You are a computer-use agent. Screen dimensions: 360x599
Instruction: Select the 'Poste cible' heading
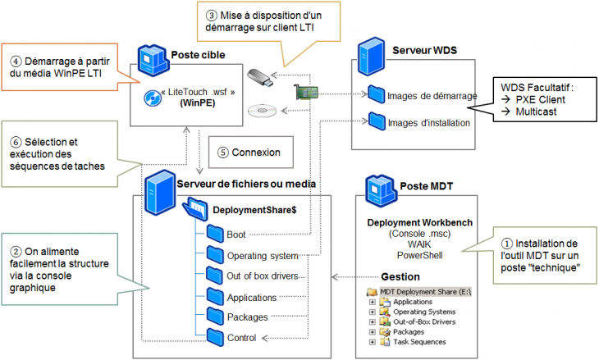[198, 55]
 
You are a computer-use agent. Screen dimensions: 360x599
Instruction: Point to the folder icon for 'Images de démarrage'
[377, 95]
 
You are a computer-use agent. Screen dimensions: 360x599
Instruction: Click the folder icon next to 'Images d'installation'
[377, 122]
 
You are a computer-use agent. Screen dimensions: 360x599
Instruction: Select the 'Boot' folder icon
[214, 234]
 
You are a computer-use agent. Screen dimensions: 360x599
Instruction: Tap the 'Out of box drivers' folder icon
[214, 275]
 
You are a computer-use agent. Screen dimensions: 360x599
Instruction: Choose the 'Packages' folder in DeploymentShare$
[214, 316]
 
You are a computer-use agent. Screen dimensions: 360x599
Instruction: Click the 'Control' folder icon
[214, 336]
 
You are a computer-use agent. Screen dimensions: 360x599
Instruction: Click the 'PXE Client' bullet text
[542, 98]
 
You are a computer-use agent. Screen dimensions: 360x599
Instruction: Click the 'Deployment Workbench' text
[418, 222]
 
